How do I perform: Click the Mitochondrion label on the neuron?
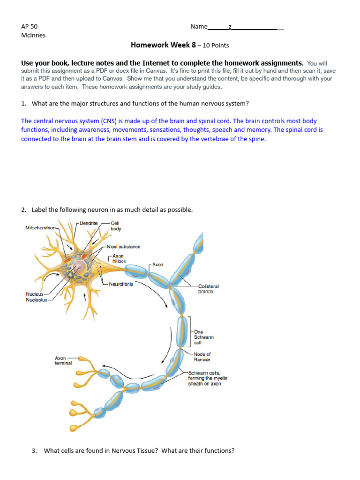41,227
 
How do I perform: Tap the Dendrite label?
89,223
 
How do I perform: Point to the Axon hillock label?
119,259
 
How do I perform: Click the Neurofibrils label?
121,284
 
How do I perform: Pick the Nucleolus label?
37,300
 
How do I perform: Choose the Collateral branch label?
208,289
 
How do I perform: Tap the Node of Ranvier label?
202,357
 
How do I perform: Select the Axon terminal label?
63,360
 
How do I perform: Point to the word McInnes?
33,35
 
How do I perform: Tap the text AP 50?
29,26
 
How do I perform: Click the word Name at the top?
199,26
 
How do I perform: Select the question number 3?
34,450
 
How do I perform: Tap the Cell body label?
116,226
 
